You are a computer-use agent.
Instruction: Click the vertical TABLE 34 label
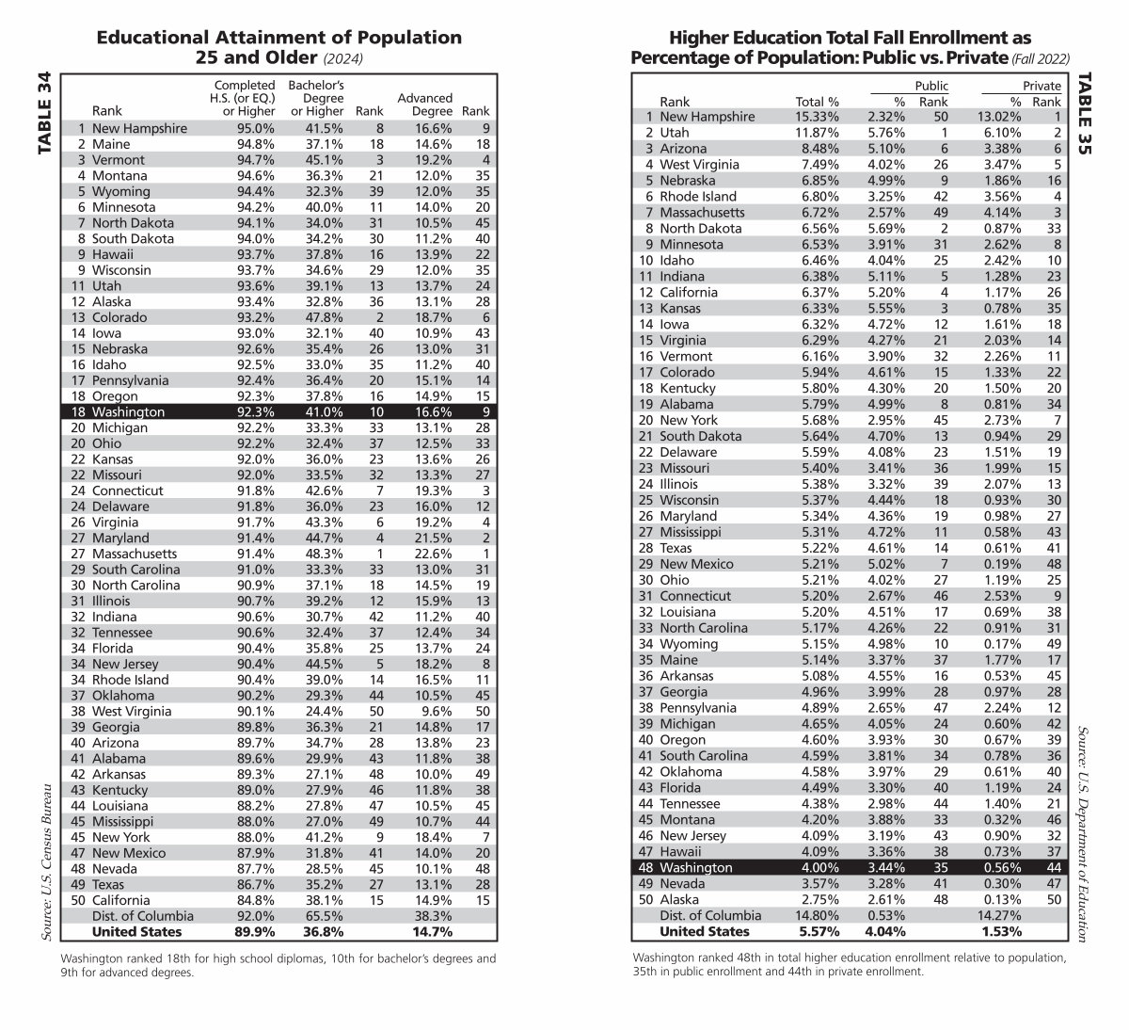44,116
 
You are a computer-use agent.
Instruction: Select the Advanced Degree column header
424,105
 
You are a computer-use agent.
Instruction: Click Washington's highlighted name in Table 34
128,411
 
